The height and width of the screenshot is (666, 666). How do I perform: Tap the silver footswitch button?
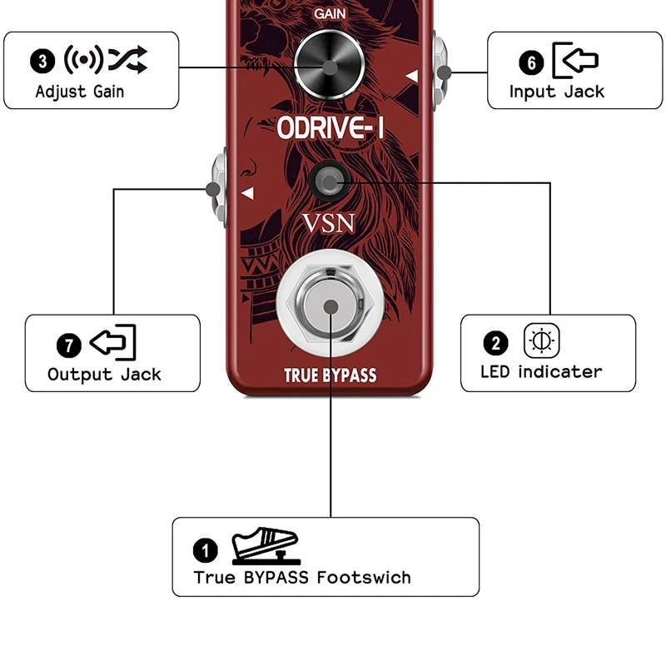click(331, 306)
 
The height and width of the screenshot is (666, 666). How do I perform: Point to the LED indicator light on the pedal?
click(331, 180)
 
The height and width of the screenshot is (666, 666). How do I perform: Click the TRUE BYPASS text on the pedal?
click(331, 375)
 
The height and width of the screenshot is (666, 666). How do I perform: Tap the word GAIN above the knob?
click(330, 14)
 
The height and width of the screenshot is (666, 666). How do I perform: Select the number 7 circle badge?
click(68, 344)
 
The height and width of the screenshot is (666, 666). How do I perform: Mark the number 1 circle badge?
click(205, 549)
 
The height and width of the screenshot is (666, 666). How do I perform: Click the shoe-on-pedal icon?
click(265, 545)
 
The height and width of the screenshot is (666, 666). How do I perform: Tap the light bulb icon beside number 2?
click(542, 341)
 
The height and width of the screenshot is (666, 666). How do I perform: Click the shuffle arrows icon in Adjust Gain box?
click(127, 59)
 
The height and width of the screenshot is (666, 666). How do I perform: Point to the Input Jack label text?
click(556, 92)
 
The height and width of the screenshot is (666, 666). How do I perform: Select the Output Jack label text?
click(104, 375)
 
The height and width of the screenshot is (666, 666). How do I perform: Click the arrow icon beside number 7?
click(112, 342)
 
